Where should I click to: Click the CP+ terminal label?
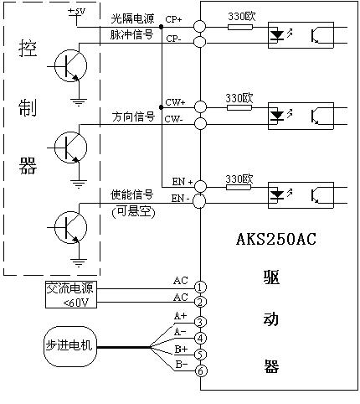tap(173, 19)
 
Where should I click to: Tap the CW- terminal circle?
tap(200, 123)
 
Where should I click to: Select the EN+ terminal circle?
tap(200, 186)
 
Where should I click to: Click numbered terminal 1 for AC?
tap(200, 287)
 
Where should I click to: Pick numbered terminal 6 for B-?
tap(201, 371)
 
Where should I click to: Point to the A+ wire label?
tap(180, 316)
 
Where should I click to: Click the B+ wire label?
tap(181, 350)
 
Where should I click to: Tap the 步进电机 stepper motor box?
tap(70, 346)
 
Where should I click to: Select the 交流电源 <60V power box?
tap(71, 295)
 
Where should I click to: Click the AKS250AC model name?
tap(276, 239)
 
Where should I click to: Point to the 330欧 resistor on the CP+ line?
tap(240, 27)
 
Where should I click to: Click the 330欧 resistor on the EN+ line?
tap(239, 187)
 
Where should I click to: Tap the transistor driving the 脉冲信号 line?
tap(70, 65)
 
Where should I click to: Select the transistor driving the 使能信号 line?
tap(70, 227)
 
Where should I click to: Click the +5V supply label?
tap(77, 12)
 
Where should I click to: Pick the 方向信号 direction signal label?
tap(133, 117)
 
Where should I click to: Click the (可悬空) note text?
tap(133, 211)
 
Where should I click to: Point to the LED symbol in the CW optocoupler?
tap(277, 115)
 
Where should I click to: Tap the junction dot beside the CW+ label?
tap(161, 107)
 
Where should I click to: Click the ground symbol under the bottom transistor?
tap(79, 262)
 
